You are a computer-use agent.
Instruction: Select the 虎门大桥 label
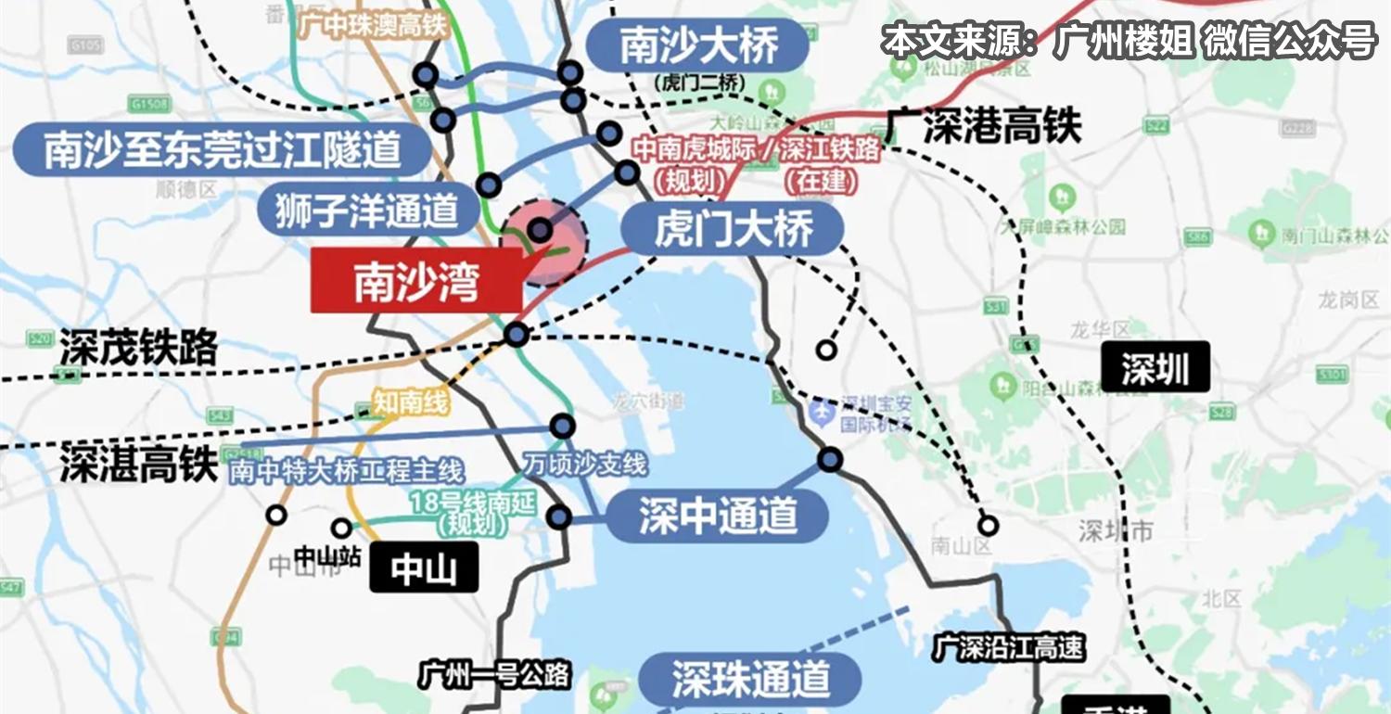tap(733, 228)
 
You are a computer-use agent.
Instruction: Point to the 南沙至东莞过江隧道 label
tap(223, 149)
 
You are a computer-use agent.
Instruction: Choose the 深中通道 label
tap(717, 516)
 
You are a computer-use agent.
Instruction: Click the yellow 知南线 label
tap(410, 403)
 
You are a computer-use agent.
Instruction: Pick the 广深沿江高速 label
tap(1009, 648)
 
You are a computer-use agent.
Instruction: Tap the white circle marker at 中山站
tap(341, 529)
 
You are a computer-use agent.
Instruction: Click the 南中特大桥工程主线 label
tap(346, 471)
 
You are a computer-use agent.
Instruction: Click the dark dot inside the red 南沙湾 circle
tap(540, 230)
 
